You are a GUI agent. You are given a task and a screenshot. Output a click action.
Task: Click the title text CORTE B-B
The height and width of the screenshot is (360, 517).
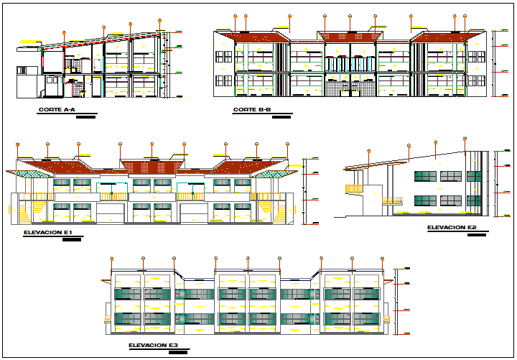(251, 110)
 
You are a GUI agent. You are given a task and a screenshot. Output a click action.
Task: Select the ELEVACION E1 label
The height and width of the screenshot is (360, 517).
(48, 234)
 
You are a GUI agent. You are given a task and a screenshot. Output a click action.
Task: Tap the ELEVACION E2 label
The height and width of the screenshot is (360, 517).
(452, 227)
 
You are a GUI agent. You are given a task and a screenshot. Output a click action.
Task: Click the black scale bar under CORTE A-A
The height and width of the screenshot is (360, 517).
(85, 116)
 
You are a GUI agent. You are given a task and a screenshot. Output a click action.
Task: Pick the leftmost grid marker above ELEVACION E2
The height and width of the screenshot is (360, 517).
(368, 149)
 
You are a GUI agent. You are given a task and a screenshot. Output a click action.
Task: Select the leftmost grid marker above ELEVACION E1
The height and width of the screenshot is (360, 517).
(17, 144)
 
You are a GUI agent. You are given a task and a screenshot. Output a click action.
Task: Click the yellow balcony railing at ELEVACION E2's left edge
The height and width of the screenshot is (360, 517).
(354, 189)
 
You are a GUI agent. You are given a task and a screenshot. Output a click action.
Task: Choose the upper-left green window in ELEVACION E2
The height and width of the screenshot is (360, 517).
(425, 175)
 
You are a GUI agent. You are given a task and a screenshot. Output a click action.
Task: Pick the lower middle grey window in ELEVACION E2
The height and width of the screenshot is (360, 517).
(450, 200)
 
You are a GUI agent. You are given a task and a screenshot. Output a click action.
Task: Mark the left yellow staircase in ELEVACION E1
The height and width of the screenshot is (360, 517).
(24, 212)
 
